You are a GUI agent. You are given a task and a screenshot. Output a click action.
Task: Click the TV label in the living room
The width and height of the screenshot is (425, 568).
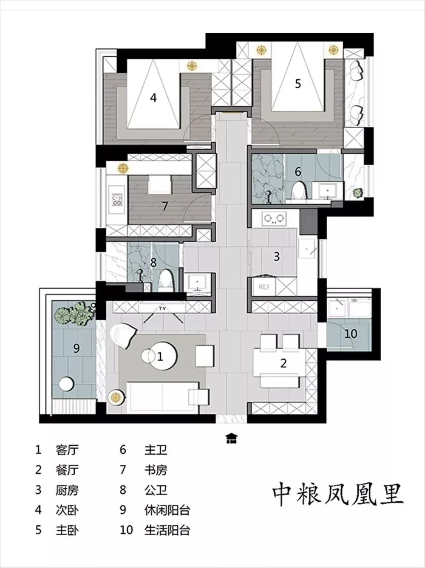pyautogui.click(x=162, y=308)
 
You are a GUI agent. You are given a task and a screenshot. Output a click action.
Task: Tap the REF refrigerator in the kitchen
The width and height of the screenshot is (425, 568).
pyautogui.click(x=264, y=287)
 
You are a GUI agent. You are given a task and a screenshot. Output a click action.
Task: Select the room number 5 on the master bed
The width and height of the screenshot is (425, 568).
pyautogui.click(x=298, y=84)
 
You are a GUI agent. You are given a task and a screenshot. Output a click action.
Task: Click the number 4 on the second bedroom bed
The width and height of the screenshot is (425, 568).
pyautogui.click(x=153, y=98)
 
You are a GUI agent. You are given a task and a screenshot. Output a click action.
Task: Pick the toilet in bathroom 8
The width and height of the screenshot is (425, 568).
pyautogui.click(x=165, y=281)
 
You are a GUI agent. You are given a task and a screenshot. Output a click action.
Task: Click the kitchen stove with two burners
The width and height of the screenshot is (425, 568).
pyautogui.click(x=274, y=219)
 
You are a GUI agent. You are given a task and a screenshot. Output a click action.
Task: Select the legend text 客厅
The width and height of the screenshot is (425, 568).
pyautogui.click(x=67, y=450)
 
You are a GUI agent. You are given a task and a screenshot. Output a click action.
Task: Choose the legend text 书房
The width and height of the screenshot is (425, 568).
pyautogui.click(x=156, y=470)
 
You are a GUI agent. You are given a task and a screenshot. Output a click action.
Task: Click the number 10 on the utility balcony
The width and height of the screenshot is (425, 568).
pyautogui.click(x=351, y=333)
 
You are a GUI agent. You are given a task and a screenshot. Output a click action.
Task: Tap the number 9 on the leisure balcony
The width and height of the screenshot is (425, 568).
pyautogui.click(x=76, y=348)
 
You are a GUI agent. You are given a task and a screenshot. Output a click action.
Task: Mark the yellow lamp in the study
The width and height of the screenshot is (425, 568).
pyautogui.click(x=123, y=169)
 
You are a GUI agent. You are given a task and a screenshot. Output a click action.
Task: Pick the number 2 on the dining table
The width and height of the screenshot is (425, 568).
pyautogui.click(x=283, y=364)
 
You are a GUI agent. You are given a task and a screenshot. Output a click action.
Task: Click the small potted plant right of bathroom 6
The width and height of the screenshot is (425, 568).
pyautogui.click(x=358, y=193)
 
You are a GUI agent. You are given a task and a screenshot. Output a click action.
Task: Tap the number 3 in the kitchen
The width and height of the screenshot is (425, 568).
pyautogui.click(x=277, y=257)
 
